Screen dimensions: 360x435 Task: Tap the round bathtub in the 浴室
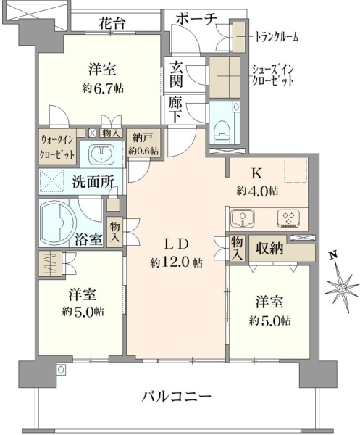coord(58,223)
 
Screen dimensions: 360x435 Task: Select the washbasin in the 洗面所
coord(101,153)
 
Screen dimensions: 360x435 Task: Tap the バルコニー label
coord(177,398)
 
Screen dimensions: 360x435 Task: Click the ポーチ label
coord(196,20)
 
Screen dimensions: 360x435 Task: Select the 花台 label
coord(112,24)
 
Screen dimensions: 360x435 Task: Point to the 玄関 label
coord(176,75)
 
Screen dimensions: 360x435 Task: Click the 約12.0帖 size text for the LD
coord(176,262)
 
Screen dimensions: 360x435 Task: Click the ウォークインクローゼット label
coord(58,146)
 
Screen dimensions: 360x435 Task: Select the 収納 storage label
coord(269,249)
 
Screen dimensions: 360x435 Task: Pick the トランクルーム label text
coord(277,37)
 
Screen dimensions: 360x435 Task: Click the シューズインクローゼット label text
coord(272,75)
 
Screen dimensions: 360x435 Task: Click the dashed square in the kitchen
coord(296,170)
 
